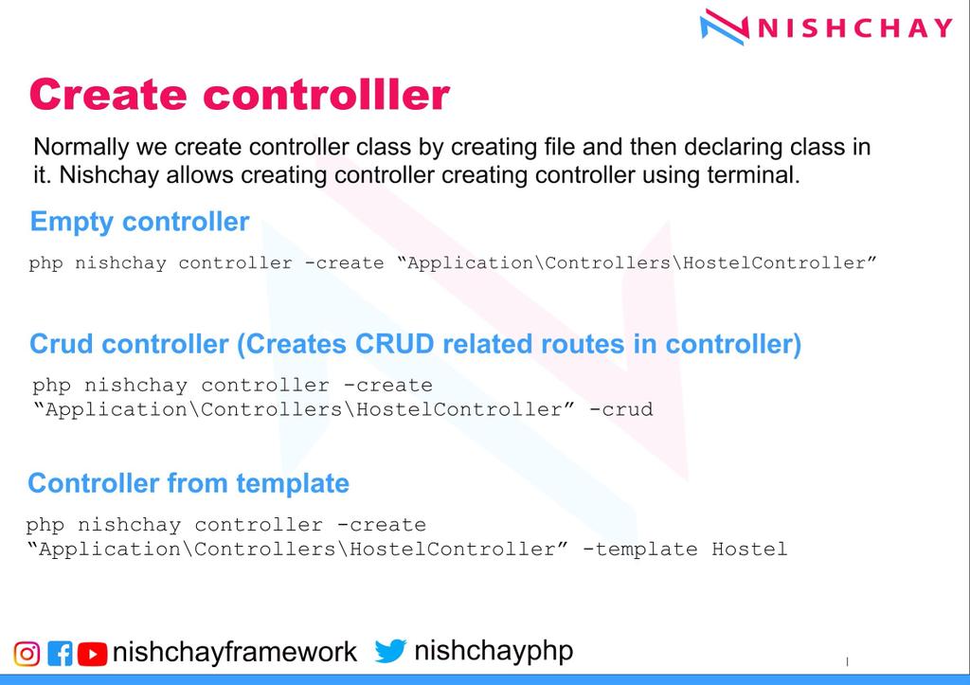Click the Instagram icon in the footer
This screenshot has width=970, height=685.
[27, 653]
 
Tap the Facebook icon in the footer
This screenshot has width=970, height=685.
[60, 653]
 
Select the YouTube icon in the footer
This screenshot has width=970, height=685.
[92, 653]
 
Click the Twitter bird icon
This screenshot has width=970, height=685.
[390, 651]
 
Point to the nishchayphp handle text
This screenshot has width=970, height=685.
[493, 651]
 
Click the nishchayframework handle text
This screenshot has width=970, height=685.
[234, 653]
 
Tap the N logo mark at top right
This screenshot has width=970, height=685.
[727, 27]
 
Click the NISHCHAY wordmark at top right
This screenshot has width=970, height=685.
[854, 27]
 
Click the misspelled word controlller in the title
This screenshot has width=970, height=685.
[326, 95]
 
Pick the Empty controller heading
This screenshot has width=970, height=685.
[139, 222]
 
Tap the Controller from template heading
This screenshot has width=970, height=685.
[189, 483]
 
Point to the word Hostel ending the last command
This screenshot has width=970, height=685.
[749, 549]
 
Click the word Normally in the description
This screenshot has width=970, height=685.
[80, 148]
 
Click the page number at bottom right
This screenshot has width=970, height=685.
[847, 661]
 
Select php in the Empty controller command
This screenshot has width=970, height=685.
[45, 262]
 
